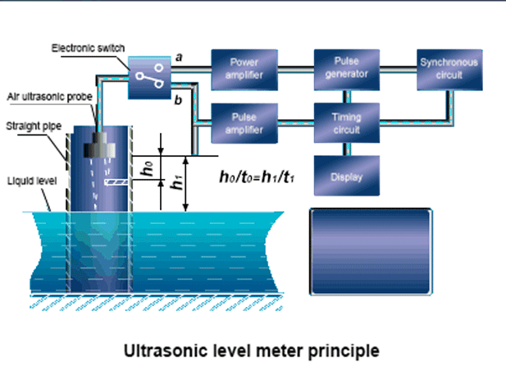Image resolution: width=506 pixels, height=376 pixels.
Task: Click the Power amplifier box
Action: (244, 68)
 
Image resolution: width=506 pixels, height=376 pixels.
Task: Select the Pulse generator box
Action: (346, 68)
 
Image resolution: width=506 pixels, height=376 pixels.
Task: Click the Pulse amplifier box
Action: (244, 123)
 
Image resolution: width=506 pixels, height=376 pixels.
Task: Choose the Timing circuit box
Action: (346, 123)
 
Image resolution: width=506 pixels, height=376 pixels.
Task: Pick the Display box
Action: (346, 176)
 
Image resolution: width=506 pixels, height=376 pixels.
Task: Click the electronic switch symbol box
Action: (148, 78)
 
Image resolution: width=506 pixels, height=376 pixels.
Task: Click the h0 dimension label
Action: (148, 167)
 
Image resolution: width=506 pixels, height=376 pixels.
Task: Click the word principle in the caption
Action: (345, 351)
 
